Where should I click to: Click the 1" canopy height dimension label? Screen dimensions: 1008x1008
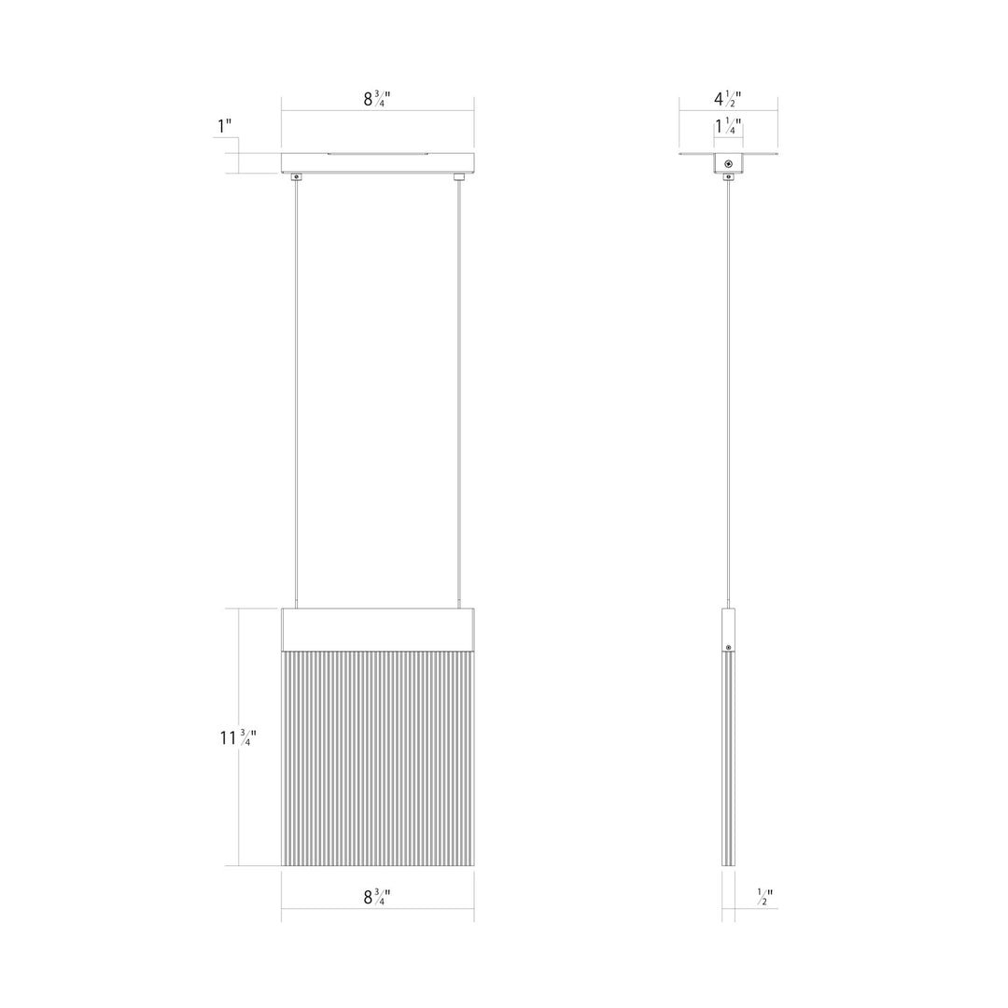[x=224, y=125]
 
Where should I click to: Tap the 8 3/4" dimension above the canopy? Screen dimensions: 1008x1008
[x=377, y=99]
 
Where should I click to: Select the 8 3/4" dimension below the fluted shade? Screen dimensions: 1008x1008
[x=377, y=897]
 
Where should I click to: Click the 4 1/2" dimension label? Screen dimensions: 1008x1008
[x=728, y=99]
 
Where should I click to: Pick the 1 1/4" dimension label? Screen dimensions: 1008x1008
[x=728, y=127]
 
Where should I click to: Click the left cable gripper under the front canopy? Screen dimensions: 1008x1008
[x=297, y=176]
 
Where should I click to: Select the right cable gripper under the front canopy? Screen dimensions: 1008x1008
[x=458, y=176]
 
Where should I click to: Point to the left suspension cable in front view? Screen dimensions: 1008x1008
[x=297, y=392]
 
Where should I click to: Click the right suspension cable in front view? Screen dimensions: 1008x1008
[x=458, y=392]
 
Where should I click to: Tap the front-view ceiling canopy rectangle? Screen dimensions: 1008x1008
[x=377, y=162]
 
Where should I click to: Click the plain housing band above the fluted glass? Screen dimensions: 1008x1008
[x=377, y=629]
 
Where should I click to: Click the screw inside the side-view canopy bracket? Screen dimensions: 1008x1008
[x=728, y=164]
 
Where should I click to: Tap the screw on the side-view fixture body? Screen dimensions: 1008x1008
[x=728, y=646]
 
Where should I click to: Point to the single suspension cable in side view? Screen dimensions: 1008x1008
[x=728, y=392]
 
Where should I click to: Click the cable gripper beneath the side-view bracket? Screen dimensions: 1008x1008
[x=728, y=175]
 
